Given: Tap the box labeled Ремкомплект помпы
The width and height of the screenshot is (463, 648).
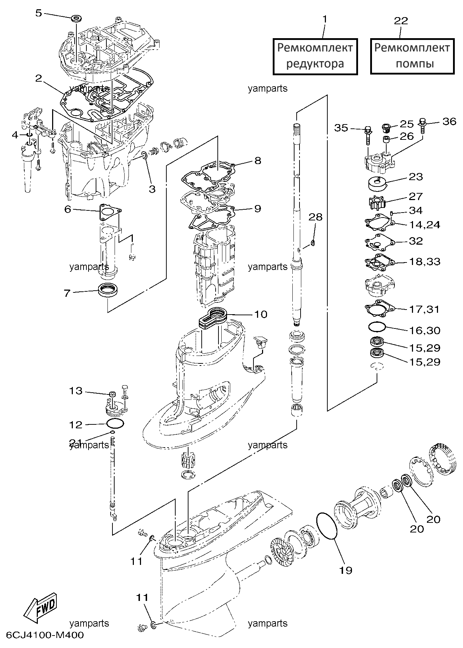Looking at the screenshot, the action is tap(412, 56).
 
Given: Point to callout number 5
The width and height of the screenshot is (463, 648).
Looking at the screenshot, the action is tap(38, 13).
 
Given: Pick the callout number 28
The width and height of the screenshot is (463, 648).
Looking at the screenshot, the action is tap(315, 217).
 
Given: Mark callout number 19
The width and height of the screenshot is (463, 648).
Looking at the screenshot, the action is tap(345, 570).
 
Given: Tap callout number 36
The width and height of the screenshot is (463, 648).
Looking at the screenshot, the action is tap(449, 122).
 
